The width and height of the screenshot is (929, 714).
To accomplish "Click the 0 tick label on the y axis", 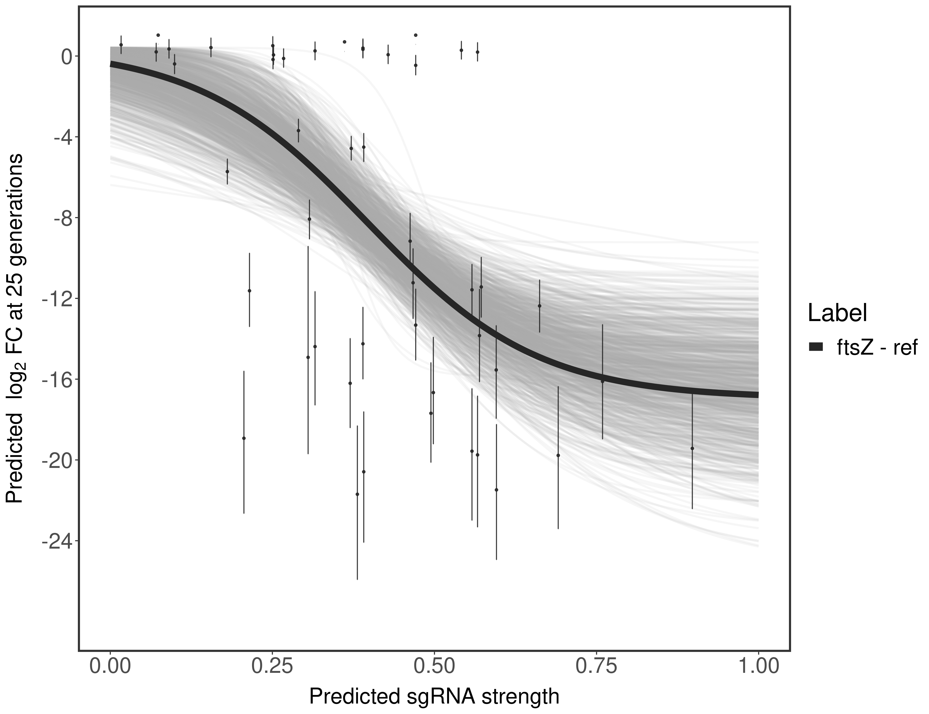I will point(66,57).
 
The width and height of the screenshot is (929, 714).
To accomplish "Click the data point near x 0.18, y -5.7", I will point(227,171).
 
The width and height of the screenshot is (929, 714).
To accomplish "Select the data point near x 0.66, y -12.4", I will point(539,306).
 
